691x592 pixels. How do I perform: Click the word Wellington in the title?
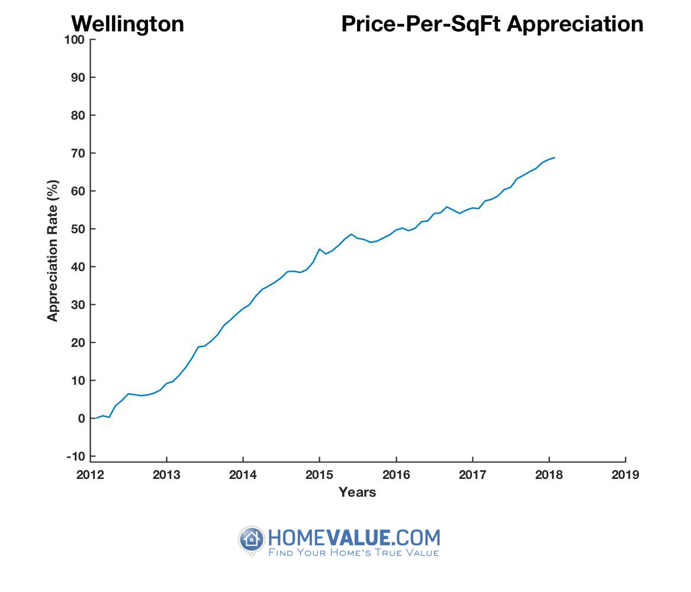point(127,24)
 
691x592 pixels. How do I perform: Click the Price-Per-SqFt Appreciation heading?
point(492,24)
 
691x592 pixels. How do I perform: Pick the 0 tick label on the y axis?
point(82,419)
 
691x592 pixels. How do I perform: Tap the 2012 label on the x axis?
point(91,475)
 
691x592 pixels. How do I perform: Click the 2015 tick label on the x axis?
point(319,475)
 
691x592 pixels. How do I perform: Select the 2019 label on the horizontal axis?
point(625,475)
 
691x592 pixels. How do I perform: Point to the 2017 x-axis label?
point(472,475)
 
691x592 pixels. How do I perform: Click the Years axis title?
point(357,492)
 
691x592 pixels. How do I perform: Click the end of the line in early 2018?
point(554,157)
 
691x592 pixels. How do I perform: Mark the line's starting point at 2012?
point(97,418)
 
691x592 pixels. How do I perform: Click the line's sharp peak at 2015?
point(319,249)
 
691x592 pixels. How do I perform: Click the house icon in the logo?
point(252,539)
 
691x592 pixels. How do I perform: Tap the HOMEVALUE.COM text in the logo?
point(353,538)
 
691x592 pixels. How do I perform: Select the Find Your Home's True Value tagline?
point(353,553)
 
